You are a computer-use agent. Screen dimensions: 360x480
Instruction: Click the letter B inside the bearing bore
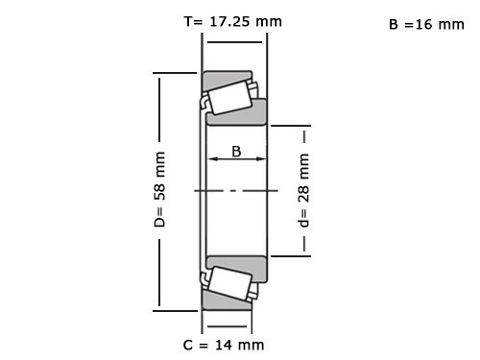click(235, 151)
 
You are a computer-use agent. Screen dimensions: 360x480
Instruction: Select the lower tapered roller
click(229, 283)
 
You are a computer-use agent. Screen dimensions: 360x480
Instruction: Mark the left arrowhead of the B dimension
click(212, 161)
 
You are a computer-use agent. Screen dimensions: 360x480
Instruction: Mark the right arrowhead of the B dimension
click(263, 161)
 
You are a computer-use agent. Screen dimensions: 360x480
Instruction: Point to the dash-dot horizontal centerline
click(235, 191)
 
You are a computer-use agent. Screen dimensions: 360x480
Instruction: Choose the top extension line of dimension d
click(291, 125)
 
